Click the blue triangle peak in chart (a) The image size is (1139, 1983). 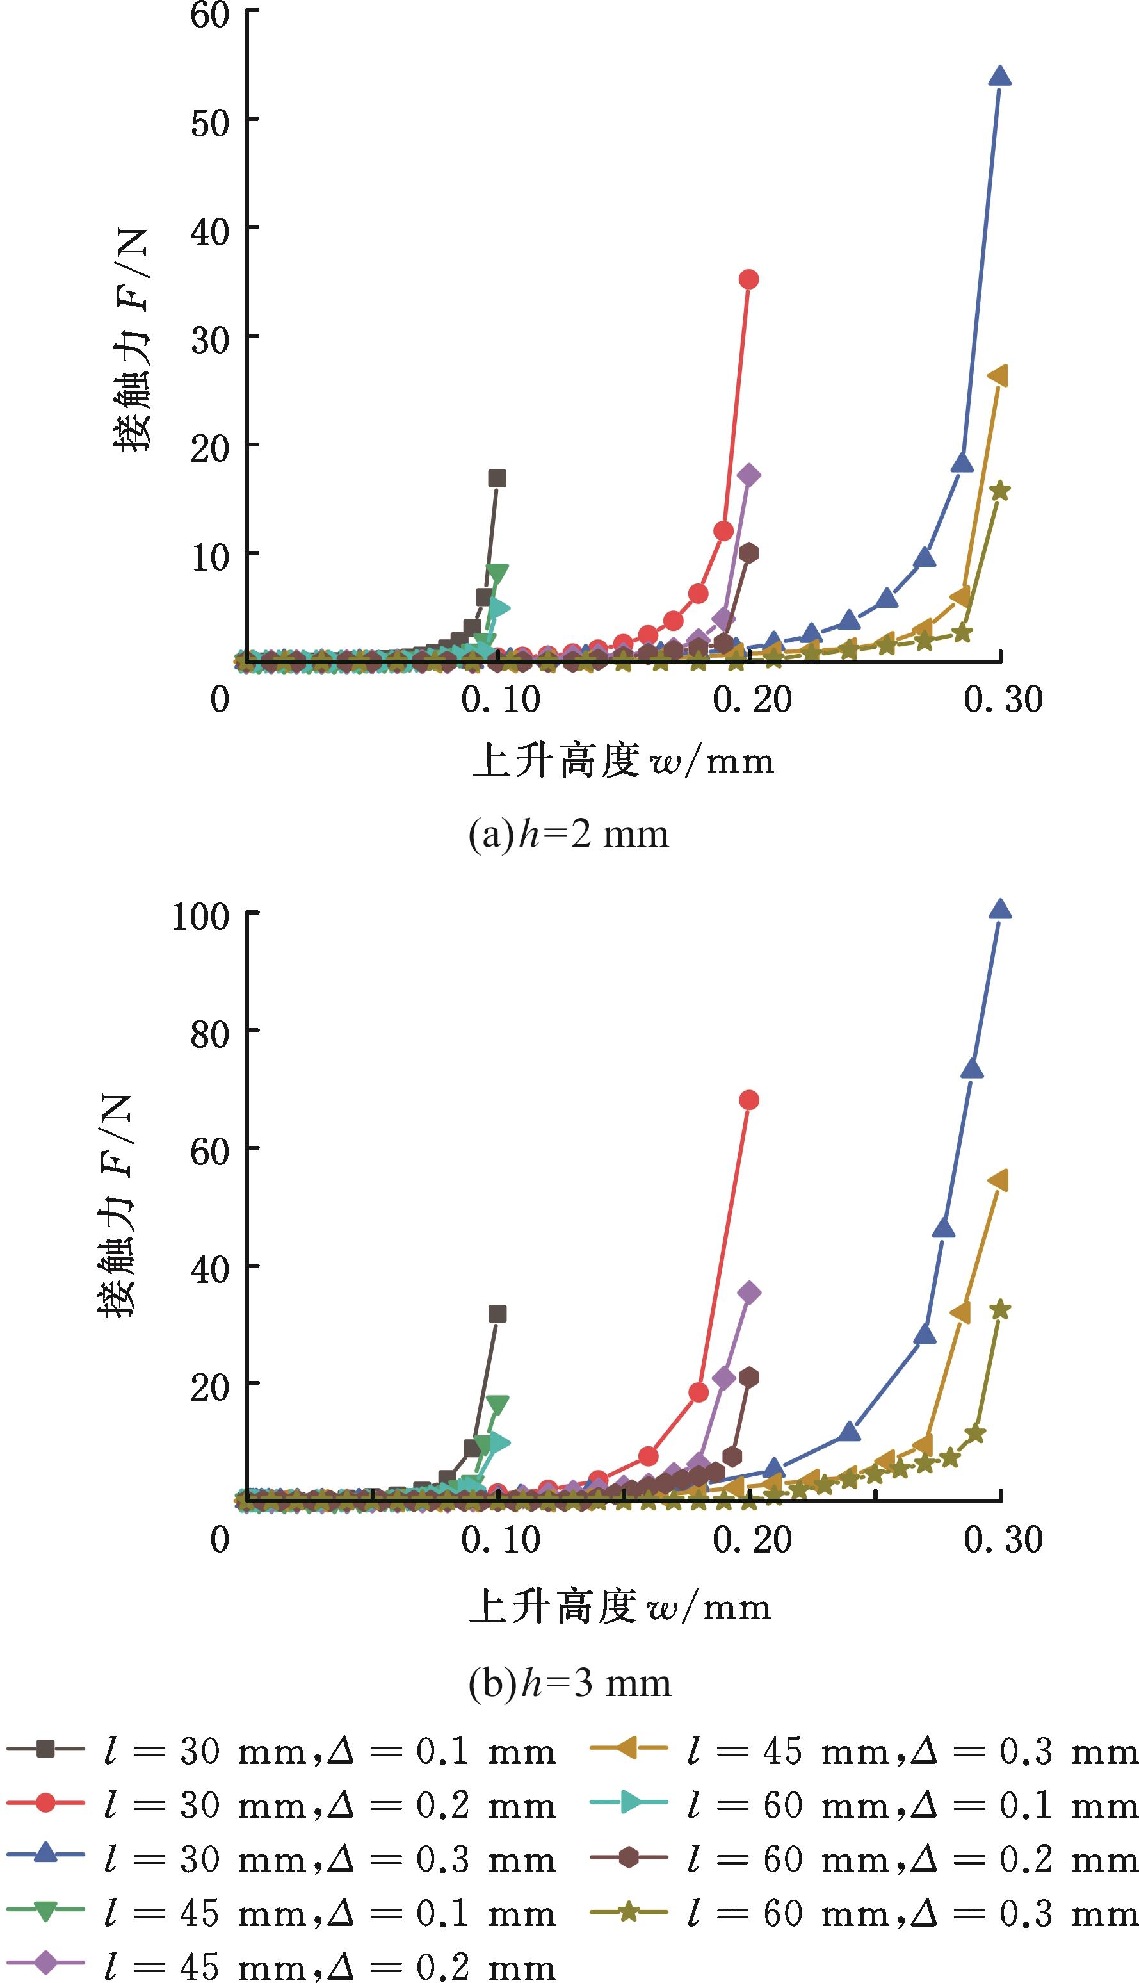(x=1000, y=77)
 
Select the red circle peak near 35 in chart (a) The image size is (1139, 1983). (x=748, y=279)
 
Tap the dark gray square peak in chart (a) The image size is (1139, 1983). (x=497, y=478)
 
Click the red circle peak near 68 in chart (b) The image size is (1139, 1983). (x=748, y=1100)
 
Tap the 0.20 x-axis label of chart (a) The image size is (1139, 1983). (x=751, y=699)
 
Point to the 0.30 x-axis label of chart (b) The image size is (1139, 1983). (x=1003, y=1539)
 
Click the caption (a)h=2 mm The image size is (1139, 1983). (x=569, y=835)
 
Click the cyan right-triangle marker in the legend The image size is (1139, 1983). (x=631, y=1804)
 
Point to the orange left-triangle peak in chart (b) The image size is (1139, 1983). (x=998, y=1180)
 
